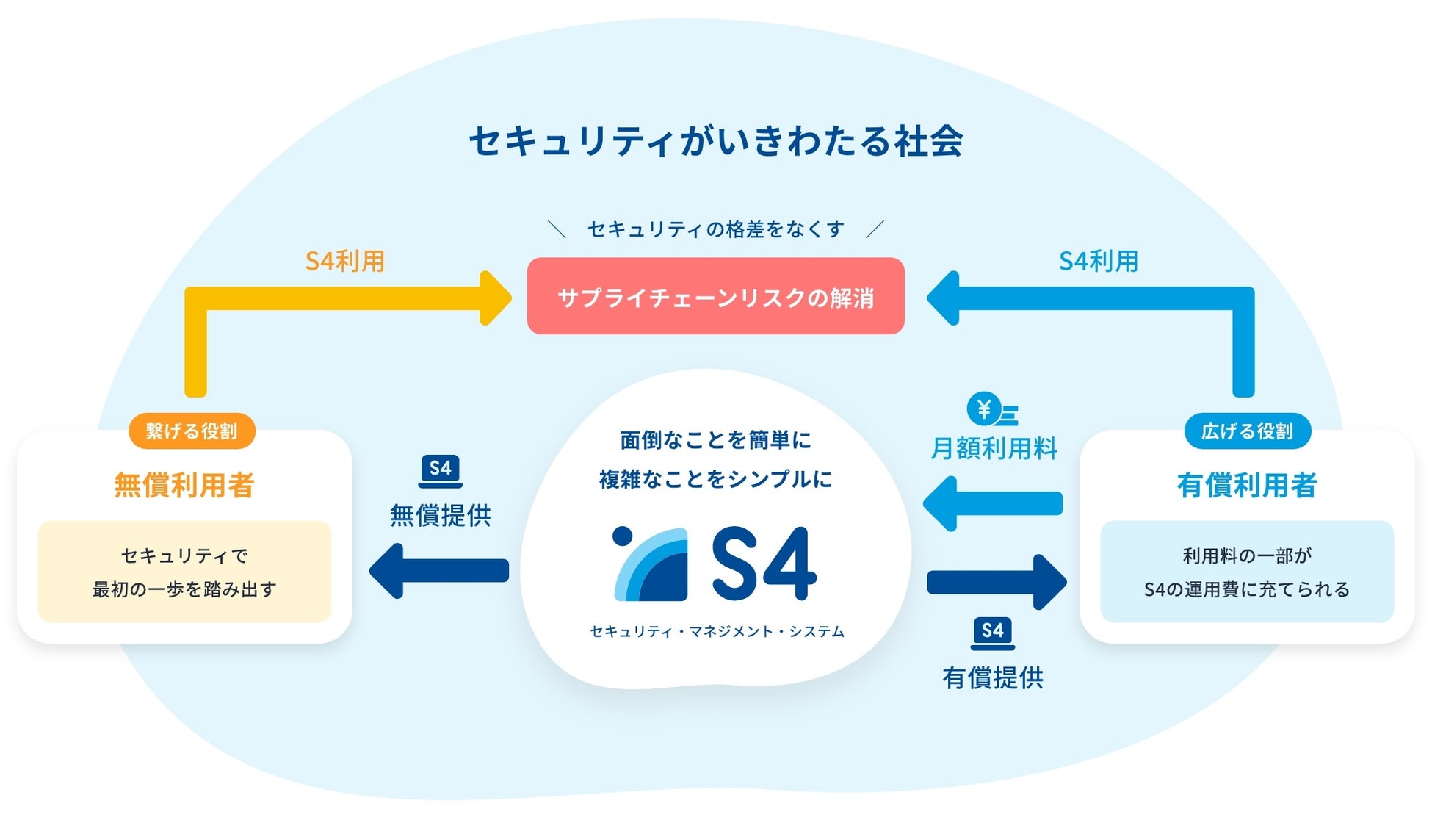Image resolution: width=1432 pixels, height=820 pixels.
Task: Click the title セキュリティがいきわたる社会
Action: [716, 141]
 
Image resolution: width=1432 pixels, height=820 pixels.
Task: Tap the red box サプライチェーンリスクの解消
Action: [715, 296]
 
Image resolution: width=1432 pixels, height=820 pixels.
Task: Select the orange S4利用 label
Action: [345, 262]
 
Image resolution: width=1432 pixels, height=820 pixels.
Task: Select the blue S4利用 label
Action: [1099, 262]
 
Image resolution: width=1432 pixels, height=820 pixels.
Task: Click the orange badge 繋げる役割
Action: [192, 431]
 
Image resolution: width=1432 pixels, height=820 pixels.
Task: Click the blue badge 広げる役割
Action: [1247, 431]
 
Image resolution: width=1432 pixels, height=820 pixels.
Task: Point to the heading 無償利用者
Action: [184, 485]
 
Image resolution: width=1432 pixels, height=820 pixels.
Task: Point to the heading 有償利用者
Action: [1247, 485]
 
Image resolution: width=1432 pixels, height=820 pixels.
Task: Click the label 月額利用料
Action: [994, 448]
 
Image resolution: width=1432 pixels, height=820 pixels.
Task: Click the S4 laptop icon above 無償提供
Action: [440, 471]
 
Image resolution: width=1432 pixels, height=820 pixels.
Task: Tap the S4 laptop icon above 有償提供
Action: [992, 633]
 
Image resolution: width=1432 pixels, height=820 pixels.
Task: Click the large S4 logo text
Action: [764, 564]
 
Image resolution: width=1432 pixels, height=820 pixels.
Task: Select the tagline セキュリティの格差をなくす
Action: [715, 230]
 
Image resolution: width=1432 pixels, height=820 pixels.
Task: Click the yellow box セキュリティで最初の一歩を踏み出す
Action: [184, 572]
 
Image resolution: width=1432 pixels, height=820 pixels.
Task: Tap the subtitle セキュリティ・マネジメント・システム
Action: [717, 632]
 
